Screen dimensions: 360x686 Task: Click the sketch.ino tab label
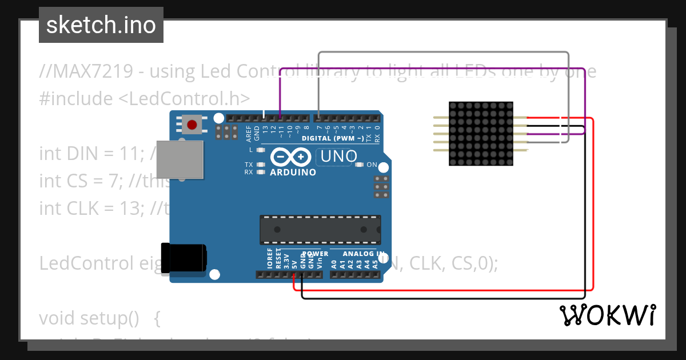101,25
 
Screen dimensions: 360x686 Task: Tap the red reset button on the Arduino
192,124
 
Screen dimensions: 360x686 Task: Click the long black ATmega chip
320,230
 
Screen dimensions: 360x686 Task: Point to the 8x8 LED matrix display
481,134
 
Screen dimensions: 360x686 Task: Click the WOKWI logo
608,315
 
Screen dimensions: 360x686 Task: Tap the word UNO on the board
338,156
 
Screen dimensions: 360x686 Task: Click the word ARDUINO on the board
293,172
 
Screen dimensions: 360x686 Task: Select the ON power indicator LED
360,165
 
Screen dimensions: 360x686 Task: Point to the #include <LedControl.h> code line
145,98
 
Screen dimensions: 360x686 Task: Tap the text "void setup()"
89,318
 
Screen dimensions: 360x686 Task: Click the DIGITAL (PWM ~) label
332,138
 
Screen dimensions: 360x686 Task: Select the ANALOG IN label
364,253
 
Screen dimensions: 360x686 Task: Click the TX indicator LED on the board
261,165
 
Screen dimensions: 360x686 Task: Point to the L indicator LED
261,150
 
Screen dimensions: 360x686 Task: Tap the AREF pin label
249,133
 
